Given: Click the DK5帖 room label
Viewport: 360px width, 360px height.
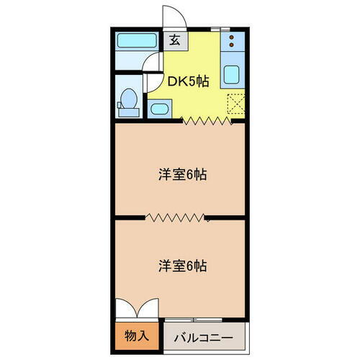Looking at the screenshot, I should (x=189, y=81).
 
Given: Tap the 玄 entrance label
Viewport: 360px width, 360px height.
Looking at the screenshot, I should (x=174, y=40).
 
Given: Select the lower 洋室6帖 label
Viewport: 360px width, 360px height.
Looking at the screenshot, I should (x=183, y=266).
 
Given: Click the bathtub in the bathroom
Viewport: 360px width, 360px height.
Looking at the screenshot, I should (x=137, y=40).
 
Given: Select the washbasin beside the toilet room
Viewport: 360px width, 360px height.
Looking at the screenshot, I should (x=159, y=109).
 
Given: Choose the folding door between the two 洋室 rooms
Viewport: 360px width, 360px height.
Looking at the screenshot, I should (x=176, y=216).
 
